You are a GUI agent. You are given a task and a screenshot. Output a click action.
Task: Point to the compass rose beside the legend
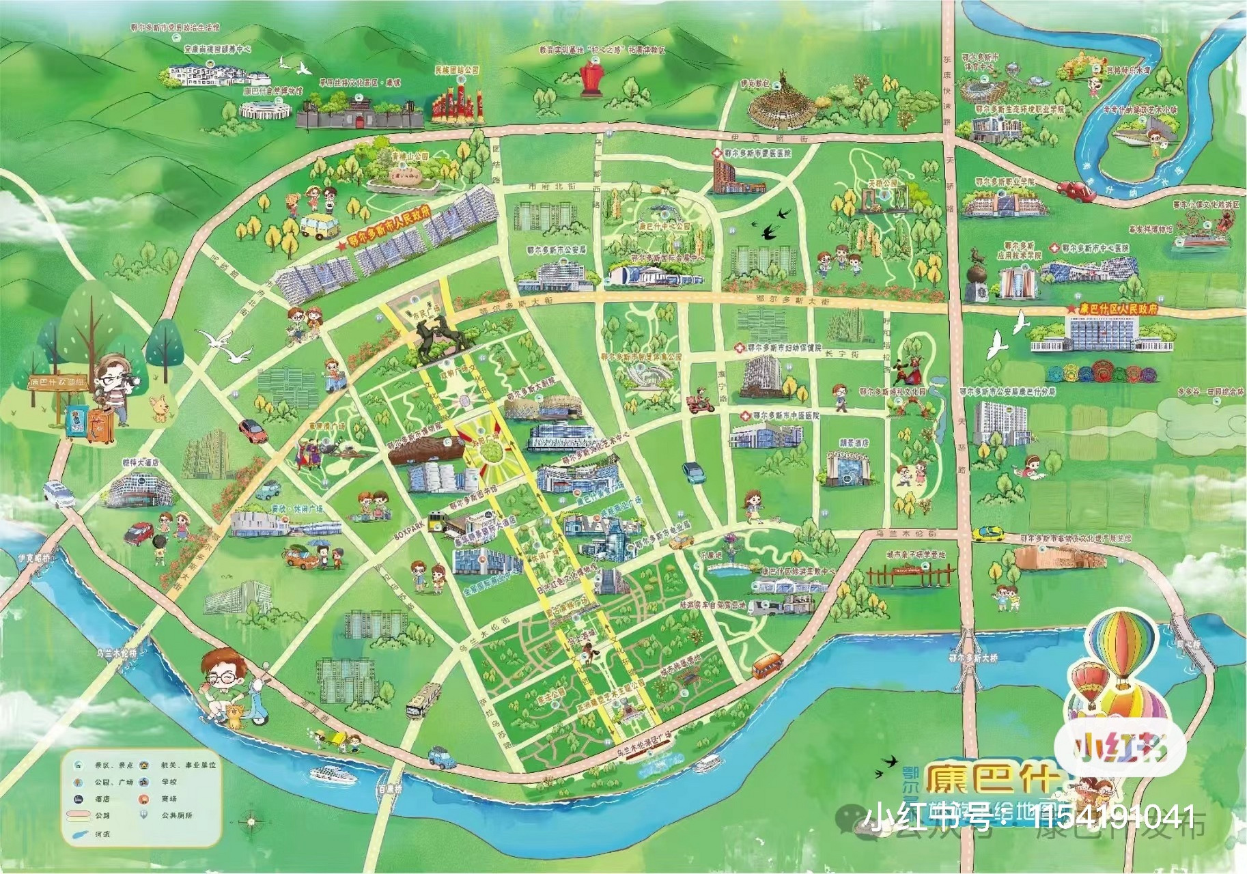[251, 821]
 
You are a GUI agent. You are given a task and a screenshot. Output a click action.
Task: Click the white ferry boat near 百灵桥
[330, 774]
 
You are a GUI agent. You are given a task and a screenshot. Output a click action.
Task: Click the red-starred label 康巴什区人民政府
[1118, 309]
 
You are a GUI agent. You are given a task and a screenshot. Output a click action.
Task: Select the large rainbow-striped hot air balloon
[1121, 645]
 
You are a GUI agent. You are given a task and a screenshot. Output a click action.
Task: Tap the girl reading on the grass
[1026, 468]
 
